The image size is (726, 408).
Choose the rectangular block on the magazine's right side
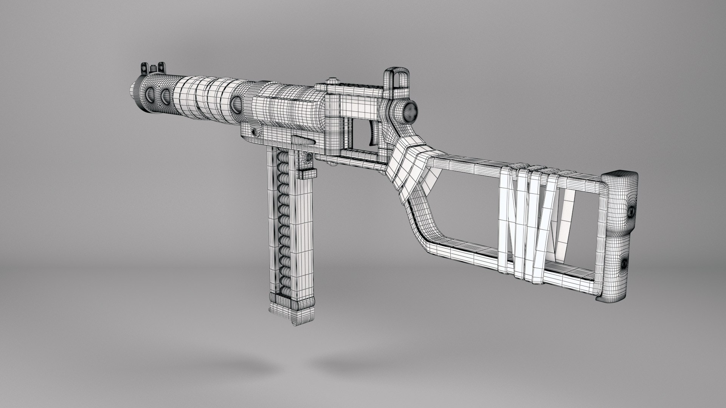coord(307,175)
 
